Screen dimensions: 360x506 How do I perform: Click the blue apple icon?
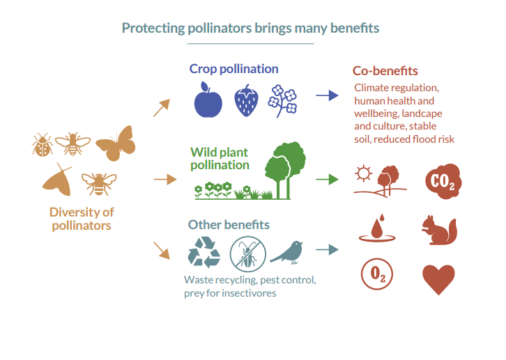208,101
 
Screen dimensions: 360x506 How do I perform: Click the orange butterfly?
115,143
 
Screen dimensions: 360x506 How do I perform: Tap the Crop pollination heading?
233,69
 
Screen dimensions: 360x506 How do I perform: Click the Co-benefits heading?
385,71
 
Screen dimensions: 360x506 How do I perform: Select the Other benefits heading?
229,225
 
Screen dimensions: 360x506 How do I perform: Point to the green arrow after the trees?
326,179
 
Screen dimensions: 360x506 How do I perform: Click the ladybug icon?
43,146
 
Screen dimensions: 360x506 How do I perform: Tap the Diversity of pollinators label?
82,219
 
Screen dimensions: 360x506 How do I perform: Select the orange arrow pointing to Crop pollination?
162,107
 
